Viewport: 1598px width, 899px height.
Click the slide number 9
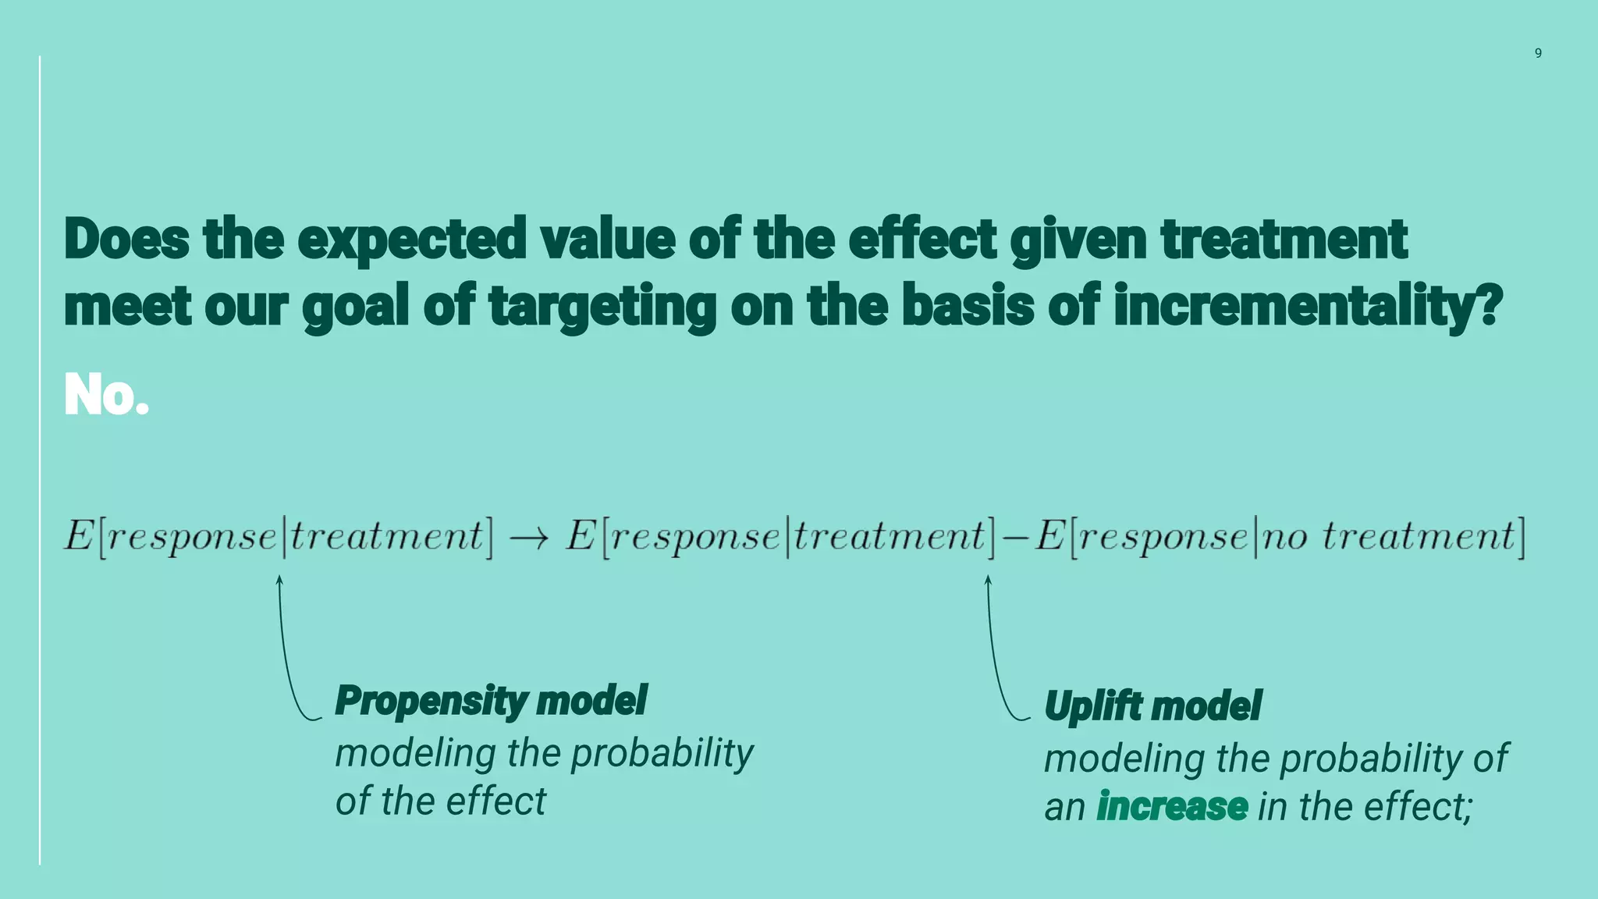click(1538, 53)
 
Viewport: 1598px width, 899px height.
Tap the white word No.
click(106, 395)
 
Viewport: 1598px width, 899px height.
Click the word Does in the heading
click(126, 239)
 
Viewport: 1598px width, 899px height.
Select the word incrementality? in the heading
click(1308, 306)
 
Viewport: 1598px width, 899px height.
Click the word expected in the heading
click(412, 240)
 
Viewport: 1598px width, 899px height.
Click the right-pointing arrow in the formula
click(529, 538)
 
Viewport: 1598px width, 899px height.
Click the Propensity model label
click(491, 700)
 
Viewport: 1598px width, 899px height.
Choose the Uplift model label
click(1152, 706)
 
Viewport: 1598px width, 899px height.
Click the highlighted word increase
click(1172, 806)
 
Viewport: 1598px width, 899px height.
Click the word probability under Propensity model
click(662, 754)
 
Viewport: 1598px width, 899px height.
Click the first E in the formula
click(79, 536)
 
